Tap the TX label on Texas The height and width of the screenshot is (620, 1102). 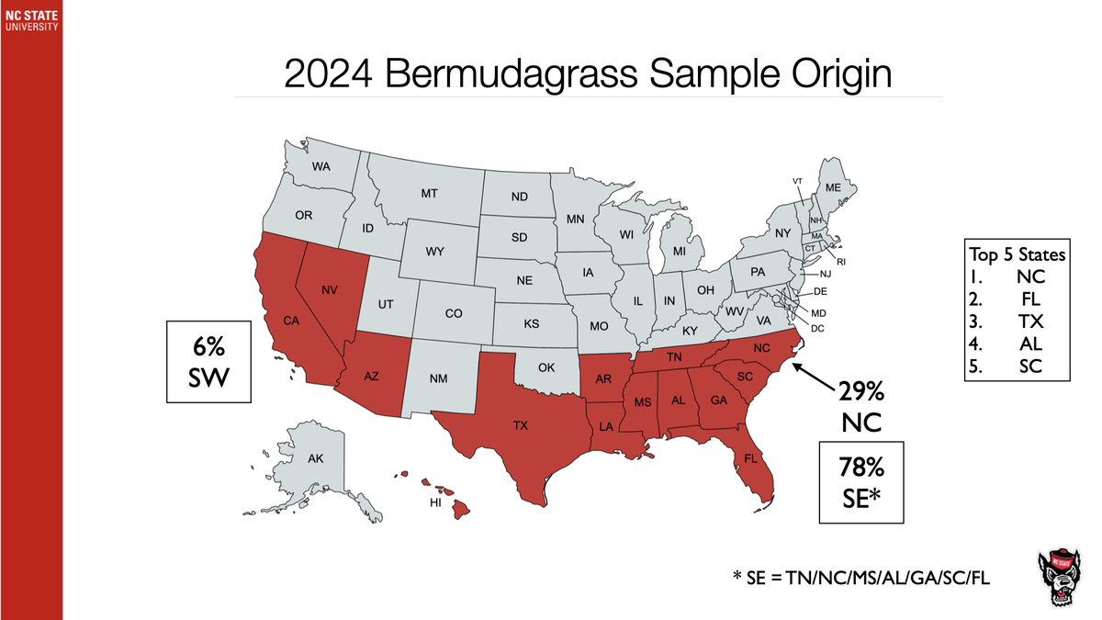tap(521, 426)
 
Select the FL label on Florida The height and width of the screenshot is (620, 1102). tap(750, 457)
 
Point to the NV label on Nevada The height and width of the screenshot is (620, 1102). tap(331, 290)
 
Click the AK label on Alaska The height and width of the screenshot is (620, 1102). tap(315, 458)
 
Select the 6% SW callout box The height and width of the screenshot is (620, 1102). tap(209, 361)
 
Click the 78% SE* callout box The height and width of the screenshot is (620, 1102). tap(861, 481)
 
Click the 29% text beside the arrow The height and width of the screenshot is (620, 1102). tap(861, 393)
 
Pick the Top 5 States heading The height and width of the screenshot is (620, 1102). tap(1018, 253)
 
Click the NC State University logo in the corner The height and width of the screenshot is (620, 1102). tap(31, 18)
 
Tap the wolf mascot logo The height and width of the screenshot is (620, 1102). tap(1062, 578)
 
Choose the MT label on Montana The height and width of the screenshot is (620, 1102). tap(429, 194)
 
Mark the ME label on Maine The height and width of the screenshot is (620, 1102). tap(833, 187)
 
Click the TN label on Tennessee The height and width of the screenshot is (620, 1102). tap(673, 356)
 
